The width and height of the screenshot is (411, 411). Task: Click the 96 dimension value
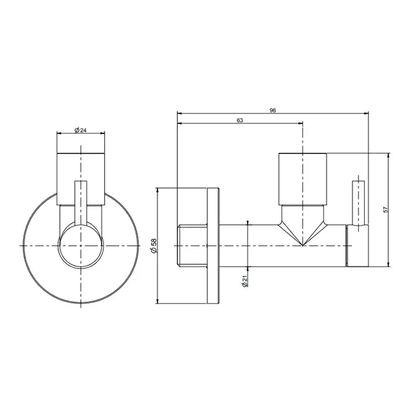point(272,110)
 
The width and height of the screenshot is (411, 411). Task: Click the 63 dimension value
point(240,120)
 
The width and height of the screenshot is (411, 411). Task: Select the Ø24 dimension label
point(80,130)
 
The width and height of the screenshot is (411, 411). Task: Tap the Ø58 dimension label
point(154,245)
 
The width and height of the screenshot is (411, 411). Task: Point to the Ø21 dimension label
point(245,281)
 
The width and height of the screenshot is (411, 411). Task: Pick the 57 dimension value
point(385,210)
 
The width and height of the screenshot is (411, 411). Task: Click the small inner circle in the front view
point(81,245)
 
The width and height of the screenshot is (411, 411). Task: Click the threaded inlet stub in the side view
point(192,245)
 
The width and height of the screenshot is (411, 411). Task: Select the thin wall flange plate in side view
point(213,245)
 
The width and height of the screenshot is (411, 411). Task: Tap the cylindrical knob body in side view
point(302,178)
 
